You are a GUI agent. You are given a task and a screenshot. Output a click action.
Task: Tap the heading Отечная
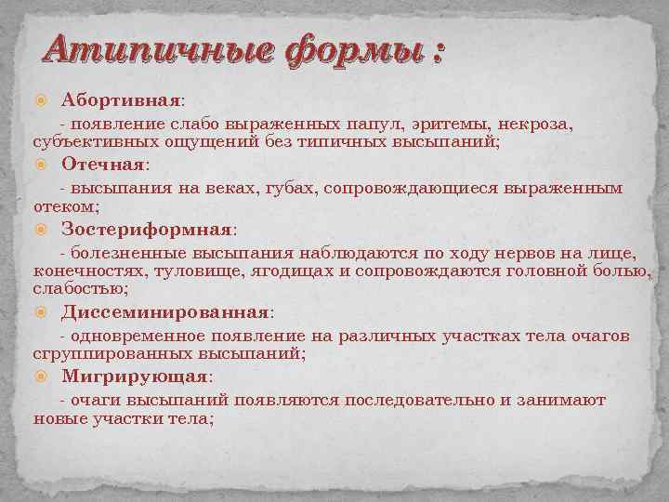point(103,164)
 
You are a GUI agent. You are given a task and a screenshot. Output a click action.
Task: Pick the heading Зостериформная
point(146,229)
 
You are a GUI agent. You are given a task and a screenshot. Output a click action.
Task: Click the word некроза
point(540,123)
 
